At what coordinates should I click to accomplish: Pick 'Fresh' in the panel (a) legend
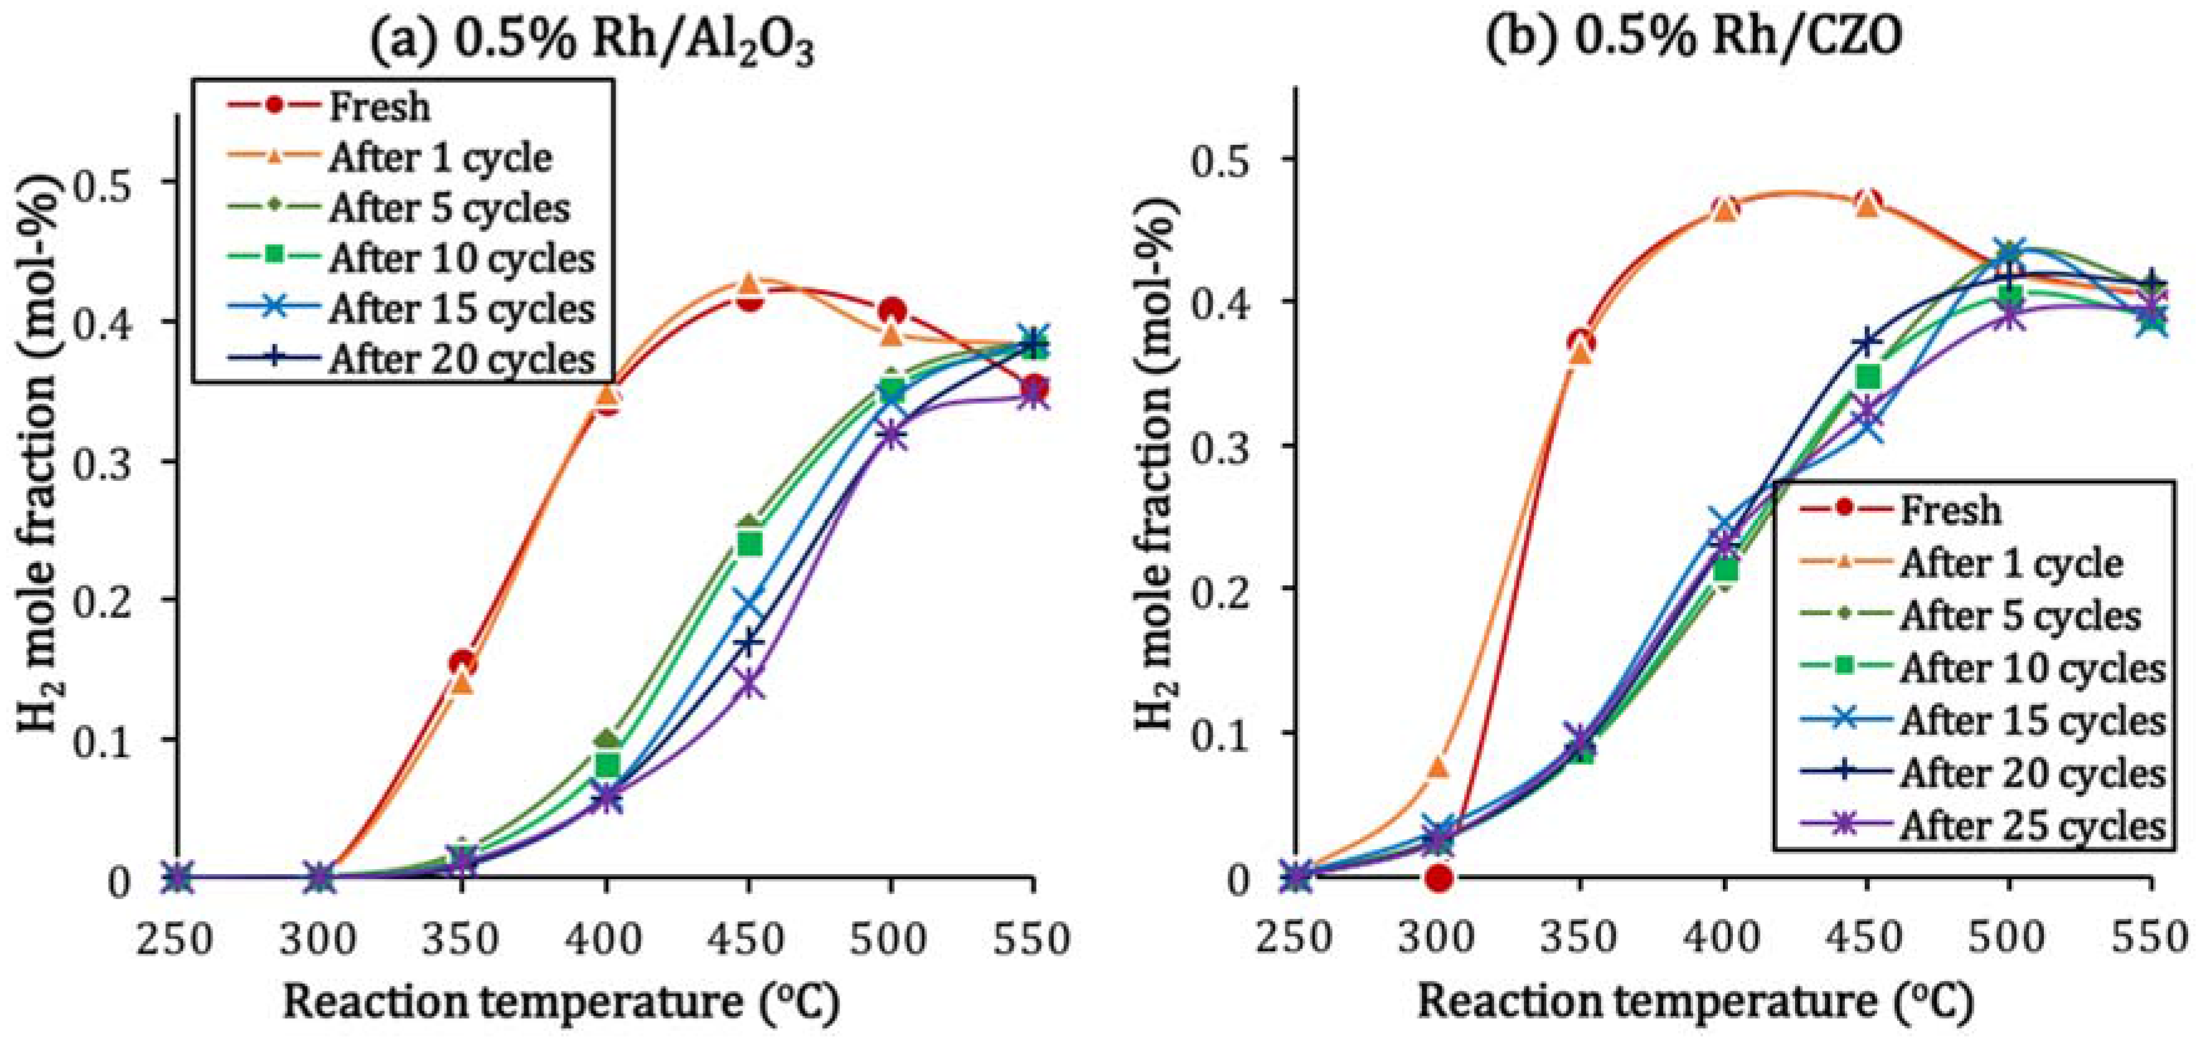pyautogui.click(x=380, y=106)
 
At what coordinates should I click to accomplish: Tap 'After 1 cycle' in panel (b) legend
pyautogui.click(x=2010, y=563)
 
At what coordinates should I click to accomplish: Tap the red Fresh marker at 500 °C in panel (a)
pyautogui.click(x=892, y=310)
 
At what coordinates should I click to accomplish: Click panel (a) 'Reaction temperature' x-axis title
pyautogui.click(x=561, y=1003)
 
